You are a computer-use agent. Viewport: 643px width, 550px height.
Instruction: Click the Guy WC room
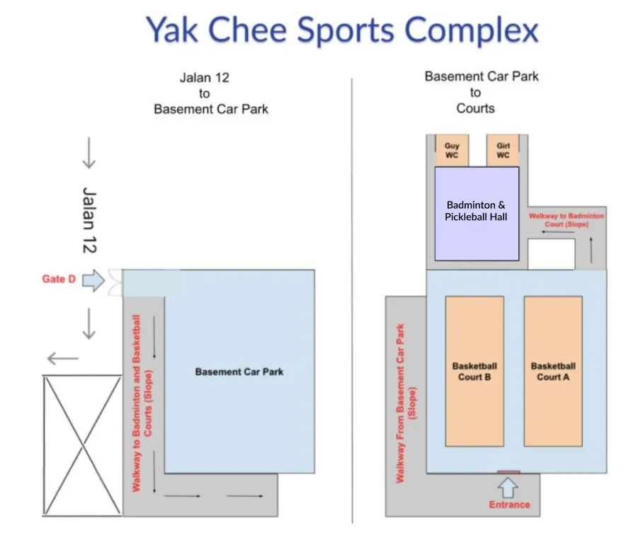tap(452, 151)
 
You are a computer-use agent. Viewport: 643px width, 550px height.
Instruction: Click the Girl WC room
tap(503, 151)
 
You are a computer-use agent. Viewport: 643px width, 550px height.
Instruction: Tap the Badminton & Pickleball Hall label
tap(476, 211)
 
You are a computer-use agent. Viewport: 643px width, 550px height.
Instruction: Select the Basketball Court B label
tap(474, 372)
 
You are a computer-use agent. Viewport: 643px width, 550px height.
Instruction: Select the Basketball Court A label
tap(553, 372)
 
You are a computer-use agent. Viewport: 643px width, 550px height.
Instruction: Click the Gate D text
tap(59, 279)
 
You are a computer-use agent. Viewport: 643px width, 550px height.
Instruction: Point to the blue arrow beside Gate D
tap(93, 280)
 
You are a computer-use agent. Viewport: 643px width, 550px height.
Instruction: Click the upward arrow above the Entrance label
tap(508, 488)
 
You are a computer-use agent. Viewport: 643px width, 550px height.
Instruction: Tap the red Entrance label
tap(509, 505)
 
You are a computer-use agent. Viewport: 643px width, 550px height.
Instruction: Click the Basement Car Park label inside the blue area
tap(239, 372)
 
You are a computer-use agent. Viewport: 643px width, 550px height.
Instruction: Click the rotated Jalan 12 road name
tap(89, 220)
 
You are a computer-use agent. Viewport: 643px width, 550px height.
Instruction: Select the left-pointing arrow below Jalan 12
tap(64, 359)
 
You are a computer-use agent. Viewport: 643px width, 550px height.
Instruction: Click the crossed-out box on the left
tap(83, 445)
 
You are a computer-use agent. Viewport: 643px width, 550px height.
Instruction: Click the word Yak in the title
tap(176, 32)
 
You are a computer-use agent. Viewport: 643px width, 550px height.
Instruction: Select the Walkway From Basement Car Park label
tap(406, 403)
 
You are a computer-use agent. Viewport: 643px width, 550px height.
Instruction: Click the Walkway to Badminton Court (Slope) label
tap(567, 219)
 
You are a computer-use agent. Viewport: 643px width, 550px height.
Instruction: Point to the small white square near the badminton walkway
tap(551, 254)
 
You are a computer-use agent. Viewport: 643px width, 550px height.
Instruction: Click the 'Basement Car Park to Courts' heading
tap(481, 92)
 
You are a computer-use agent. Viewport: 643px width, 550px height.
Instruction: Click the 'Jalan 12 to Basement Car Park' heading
tap(210, 93)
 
